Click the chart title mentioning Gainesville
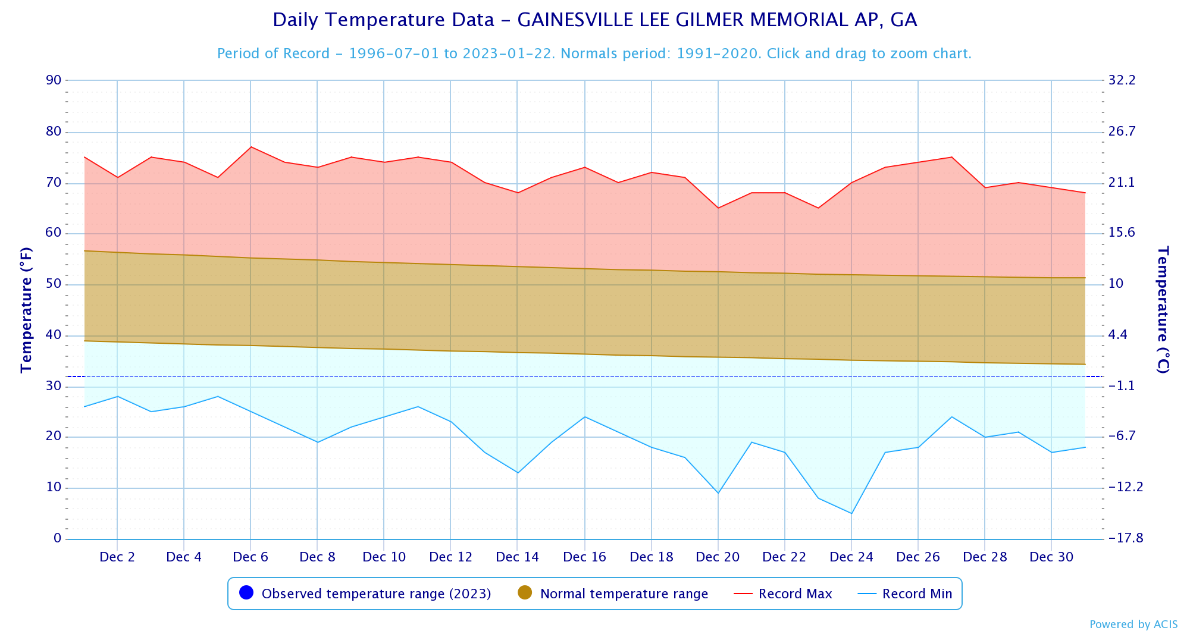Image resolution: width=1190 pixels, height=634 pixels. pyautogui.click(x=594, y=20)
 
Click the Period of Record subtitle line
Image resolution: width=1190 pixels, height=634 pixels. pyautogui.click(x=594, y=54)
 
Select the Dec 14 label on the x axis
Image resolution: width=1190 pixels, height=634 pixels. pyautogui.click(x=517, y=557)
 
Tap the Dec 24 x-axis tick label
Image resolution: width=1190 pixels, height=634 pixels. pyautogui.click(x=851, y=557)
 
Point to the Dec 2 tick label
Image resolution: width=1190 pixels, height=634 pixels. pyautogui.click(x=117, y=557)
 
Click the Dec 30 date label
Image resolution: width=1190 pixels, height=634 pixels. pyautogui.click(x=1051, y=557)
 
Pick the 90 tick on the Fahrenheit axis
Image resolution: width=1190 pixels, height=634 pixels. pyautogui.click(x=54, y=80)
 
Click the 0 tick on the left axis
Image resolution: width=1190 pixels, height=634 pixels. pyautogui.click(x=57, y=538)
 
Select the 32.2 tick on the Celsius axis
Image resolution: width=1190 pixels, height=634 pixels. pyautogui.click(x=1122, y=80)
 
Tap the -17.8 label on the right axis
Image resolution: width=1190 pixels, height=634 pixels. pyautogui.click(x=1122, y=538)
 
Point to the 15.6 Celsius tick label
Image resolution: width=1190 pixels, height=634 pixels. pyautogui.click(x=1122, y=233)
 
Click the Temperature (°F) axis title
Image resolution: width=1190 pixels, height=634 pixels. pyautogui.click(x=26, y=309)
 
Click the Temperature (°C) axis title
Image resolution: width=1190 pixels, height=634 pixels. pyautogui.click(x=1163, y=309)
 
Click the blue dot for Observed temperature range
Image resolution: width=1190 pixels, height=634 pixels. pyautogui.click(x=246, y=593)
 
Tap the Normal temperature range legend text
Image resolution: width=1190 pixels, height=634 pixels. pyautogui.click(x=624, y=594)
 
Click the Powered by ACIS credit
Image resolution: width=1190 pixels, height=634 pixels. pyautogui.click(x=1133, y=624)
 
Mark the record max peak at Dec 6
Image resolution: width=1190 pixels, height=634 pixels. pyautogui.click(x=250, y=147)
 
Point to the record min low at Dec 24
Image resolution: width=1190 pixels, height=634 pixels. pyautogui.click(x=851, y=513)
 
